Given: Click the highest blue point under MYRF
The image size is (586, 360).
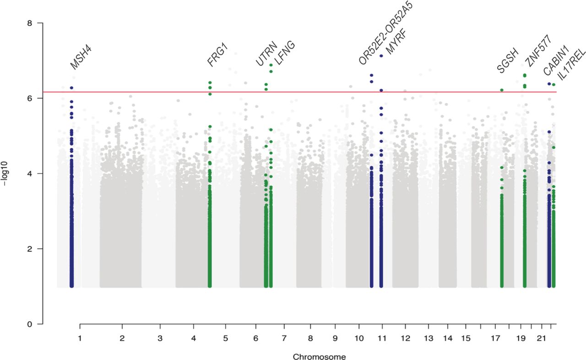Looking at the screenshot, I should [381, 56].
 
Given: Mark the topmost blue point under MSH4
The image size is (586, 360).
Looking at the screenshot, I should [71, 88].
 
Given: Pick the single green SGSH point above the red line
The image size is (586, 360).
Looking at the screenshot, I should [501, 90].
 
